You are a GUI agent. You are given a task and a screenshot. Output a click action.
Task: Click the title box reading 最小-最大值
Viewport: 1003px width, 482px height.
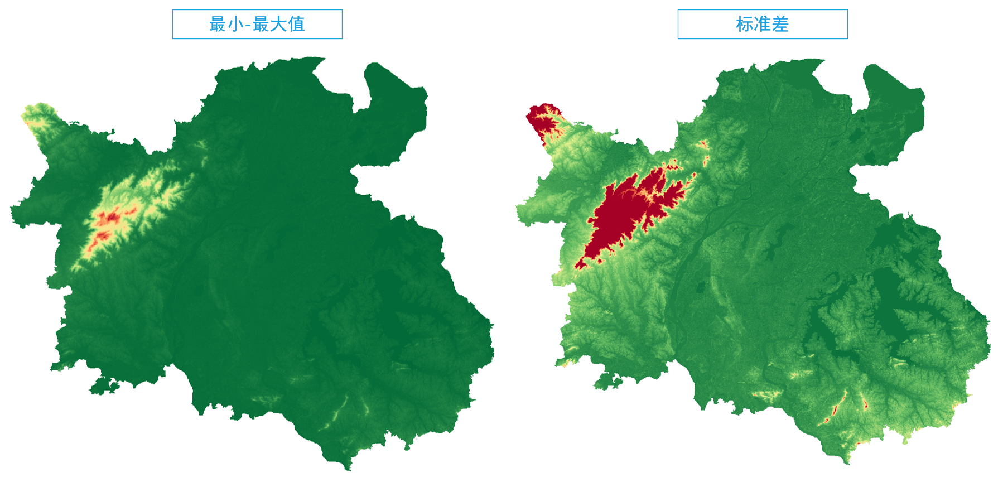tap(257, 24)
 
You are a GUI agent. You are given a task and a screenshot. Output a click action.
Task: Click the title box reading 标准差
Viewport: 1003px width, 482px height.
tap(762, 24)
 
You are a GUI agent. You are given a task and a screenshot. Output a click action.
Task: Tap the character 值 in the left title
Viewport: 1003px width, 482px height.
tap(296, 24)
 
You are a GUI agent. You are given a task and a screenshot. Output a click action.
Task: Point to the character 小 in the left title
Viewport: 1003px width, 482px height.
tap(235, 24)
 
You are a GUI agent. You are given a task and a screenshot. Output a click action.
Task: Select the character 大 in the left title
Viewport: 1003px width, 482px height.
tap(278, 24)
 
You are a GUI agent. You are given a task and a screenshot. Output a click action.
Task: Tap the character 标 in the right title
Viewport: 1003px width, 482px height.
tap(744, 24)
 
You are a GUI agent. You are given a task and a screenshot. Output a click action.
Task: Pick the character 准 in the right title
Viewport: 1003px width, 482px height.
tap(762, 24)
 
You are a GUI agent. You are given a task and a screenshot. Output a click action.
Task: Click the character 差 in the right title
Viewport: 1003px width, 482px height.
tap(780, 24)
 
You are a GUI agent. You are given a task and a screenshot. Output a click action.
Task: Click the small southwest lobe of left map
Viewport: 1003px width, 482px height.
tap(105, 385)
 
